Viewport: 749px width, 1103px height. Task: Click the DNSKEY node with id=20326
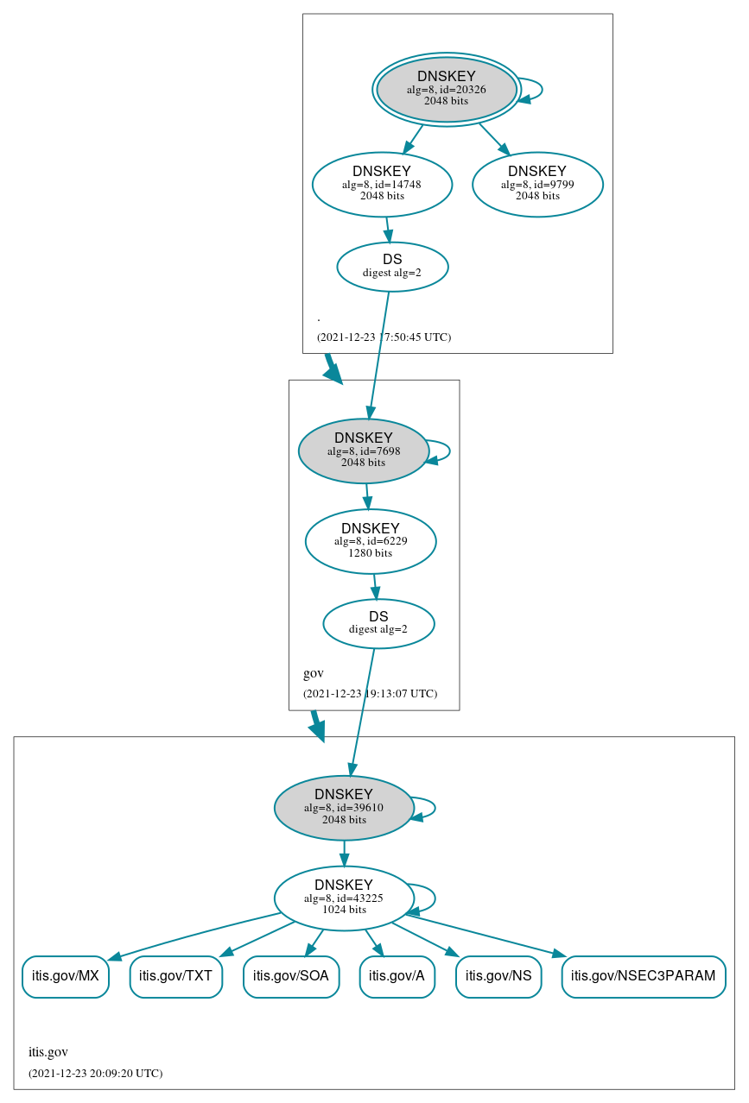(447, 89)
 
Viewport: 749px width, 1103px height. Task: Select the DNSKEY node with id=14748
(382, 184)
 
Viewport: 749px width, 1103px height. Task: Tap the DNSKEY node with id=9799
(537, 184)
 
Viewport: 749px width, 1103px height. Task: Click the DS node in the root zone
(392, 266)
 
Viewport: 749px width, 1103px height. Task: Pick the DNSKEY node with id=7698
(364, 451)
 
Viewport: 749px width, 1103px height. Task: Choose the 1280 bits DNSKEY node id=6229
(371, 541)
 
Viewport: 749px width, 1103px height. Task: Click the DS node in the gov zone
(378, 623)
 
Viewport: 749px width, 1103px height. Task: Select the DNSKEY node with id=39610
(344, 808)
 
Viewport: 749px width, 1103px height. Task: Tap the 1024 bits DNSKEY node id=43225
(344, 898)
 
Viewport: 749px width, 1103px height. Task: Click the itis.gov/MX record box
(66, 976)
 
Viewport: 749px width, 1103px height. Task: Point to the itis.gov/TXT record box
(176, 976)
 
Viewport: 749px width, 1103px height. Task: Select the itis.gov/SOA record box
(291, 976)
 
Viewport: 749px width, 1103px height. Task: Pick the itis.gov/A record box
(397, 976)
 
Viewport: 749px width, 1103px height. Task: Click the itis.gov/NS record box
(498, 976)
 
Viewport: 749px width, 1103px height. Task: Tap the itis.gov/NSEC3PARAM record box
(644, 976)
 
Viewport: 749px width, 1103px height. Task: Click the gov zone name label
(314, 673)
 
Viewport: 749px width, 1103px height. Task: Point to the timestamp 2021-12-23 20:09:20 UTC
(95, 1074)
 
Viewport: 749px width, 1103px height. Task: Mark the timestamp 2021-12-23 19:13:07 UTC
(370, 694)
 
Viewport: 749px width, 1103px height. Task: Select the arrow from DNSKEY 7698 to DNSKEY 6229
(367, 496)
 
